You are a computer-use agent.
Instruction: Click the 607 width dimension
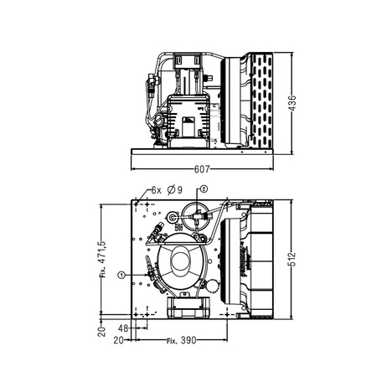point(202,168)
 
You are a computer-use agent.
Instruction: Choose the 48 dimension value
point(123,328)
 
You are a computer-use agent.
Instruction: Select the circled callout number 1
point(121,274)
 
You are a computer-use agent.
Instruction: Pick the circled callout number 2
point(203,188)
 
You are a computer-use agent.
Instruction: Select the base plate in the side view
point(201,152)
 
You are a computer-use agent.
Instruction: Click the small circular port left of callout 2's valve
point(173,216)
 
